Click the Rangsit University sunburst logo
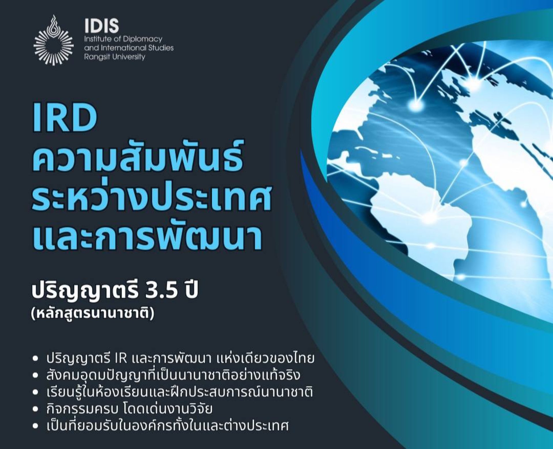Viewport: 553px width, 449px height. click(54, 41)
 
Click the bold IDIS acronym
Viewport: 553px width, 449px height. click(102, 26)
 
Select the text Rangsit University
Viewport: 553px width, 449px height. click(115, 57)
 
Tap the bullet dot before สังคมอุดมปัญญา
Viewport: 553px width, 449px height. click(35, 376)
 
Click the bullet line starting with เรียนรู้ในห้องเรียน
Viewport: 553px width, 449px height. click(179, 392)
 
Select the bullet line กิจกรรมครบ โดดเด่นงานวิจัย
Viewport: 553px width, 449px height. click(129, 409)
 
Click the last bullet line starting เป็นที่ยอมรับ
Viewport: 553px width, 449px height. click(167, 425)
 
